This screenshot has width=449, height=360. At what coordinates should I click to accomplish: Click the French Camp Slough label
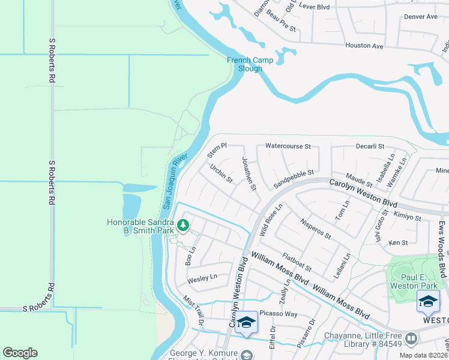(x=250, y=64)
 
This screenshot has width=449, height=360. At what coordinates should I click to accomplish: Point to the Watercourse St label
(x=288, y=146)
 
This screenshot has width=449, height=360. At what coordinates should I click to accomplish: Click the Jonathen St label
(x=249, y=174)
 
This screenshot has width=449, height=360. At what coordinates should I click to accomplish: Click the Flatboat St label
(x=297, y=262)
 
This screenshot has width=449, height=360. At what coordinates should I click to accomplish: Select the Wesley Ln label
(x=202, y=278)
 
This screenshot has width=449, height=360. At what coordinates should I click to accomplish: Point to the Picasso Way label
(x=278, y=314)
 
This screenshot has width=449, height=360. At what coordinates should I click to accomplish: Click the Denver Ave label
(x=421, y=17)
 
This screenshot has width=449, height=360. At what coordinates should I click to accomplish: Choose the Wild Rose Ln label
(x=270, y=220)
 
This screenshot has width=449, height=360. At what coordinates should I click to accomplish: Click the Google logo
(x=20, y=353)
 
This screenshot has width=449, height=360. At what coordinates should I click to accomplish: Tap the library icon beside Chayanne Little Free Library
(x=411, y=339)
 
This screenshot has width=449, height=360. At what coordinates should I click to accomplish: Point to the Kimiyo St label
(x=408, y=217)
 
